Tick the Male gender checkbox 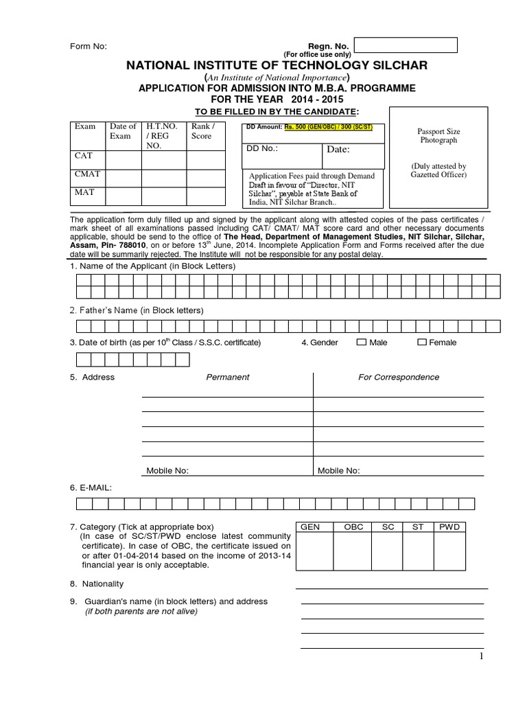(361, 342)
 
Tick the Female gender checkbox (422, 342)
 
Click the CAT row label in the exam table (83, 156)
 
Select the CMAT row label (87, 174)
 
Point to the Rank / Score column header (203, 131)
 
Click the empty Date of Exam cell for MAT (124, 196)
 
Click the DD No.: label (262, 149)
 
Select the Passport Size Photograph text (438, 135)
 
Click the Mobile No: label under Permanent (167, 470)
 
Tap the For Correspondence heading (399, 377)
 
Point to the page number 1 (482, 657)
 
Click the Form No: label (89, 46)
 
